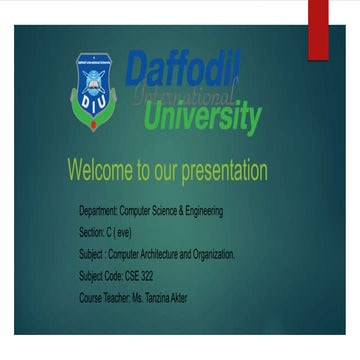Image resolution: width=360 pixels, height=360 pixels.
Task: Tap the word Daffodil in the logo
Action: pyautogui.click(x=182, y=72)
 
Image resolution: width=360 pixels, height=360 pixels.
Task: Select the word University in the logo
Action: pyautogui.click(x=202, y=118)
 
